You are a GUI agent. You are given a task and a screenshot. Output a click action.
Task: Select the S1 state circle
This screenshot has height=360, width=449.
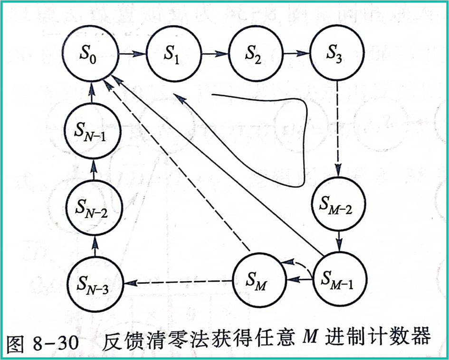[x=173, y=54]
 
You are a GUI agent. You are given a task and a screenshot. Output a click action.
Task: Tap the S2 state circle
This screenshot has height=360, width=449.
[x=256, y=54]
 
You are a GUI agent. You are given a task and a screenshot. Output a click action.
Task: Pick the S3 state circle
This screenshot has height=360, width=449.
[x=337, y=54]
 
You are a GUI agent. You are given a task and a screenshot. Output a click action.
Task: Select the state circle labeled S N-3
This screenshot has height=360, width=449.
[x=94, y=283]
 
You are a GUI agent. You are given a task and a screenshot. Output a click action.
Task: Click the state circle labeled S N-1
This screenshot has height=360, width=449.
[x=94, y=130]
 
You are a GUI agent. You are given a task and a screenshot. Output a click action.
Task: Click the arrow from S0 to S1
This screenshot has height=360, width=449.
[x=132, y=54]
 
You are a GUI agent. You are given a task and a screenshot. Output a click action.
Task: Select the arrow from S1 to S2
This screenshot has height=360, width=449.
[x=215, y=54]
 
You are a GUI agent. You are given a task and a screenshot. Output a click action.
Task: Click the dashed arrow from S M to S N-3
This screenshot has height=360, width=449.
[x=179, y=282]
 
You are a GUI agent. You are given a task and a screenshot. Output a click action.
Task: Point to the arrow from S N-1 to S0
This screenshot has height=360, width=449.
[x=93, y=93]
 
